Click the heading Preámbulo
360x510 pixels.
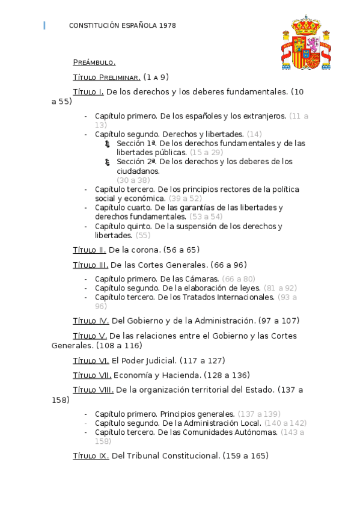(94, 63)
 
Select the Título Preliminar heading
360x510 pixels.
(106, 77)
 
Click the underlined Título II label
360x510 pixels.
(89, 250)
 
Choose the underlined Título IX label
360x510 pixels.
(91, 456)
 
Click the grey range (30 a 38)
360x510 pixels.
(133, 180)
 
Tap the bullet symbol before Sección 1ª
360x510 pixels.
(107, 144)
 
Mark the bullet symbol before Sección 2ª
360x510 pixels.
(107, 162)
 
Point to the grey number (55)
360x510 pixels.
(143, 235)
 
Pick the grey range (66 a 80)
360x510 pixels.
(239, 279)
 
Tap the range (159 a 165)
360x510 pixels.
(245, 456)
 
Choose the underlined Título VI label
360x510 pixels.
(91, 360)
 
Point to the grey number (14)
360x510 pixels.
(254, 134)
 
